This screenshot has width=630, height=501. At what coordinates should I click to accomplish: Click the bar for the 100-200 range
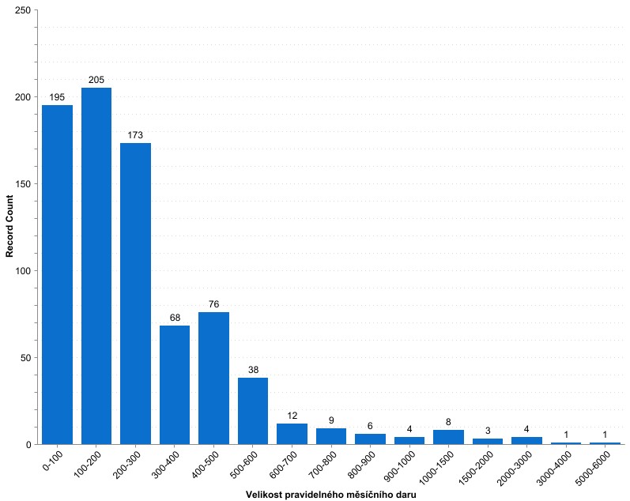(x=96, y=266)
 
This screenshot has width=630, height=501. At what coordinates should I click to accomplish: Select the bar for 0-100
(x=57, y=274)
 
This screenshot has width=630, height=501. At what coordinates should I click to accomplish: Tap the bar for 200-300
(x=135, y=293)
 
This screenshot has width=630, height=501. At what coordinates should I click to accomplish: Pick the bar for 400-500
(x=213, y=378)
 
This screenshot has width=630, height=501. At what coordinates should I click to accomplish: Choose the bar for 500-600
(x=253, y=411)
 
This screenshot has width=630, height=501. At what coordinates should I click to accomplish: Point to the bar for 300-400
(x=175, y=385)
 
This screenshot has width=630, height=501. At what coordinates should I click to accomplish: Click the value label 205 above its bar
(x=96, y=80)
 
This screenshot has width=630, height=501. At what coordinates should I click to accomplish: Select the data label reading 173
(x=135, y=135)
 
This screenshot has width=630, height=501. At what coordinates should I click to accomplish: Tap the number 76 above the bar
(x=213, y=304)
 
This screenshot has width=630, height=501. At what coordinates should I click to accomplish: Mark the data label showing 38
(x=253, y=370)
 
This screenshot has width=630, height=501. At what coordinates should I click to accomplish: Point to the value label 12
(x=292, y=416)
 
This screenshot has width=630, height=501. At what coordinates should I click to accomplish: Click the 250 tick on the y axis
(x=23, y=10)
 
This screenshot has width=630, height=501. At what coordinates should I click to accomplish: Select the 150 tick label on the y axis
(x=23, y=184)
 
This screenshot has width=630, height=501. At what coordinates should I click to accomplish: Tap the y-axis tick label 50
(x=26, y=358)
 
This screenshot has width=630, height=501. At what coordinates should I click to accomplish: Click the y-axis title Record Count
(x=10, y=228)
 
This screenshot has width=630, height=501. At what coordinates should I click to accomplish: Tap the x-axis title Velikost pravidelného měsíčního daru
(x=331, y=495)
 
